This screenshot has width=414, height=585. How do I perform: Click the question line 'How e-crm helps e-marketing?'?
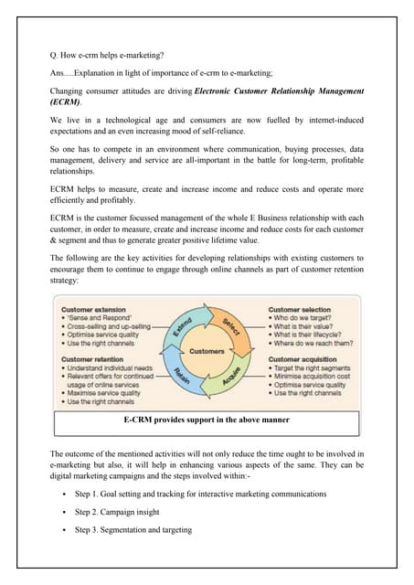(104, 52)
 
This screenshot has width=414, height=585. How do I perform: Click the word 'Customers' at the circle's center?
(207, 352)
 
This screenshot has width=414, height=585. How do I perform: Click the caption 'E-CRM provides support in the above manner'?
(206, 420)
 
